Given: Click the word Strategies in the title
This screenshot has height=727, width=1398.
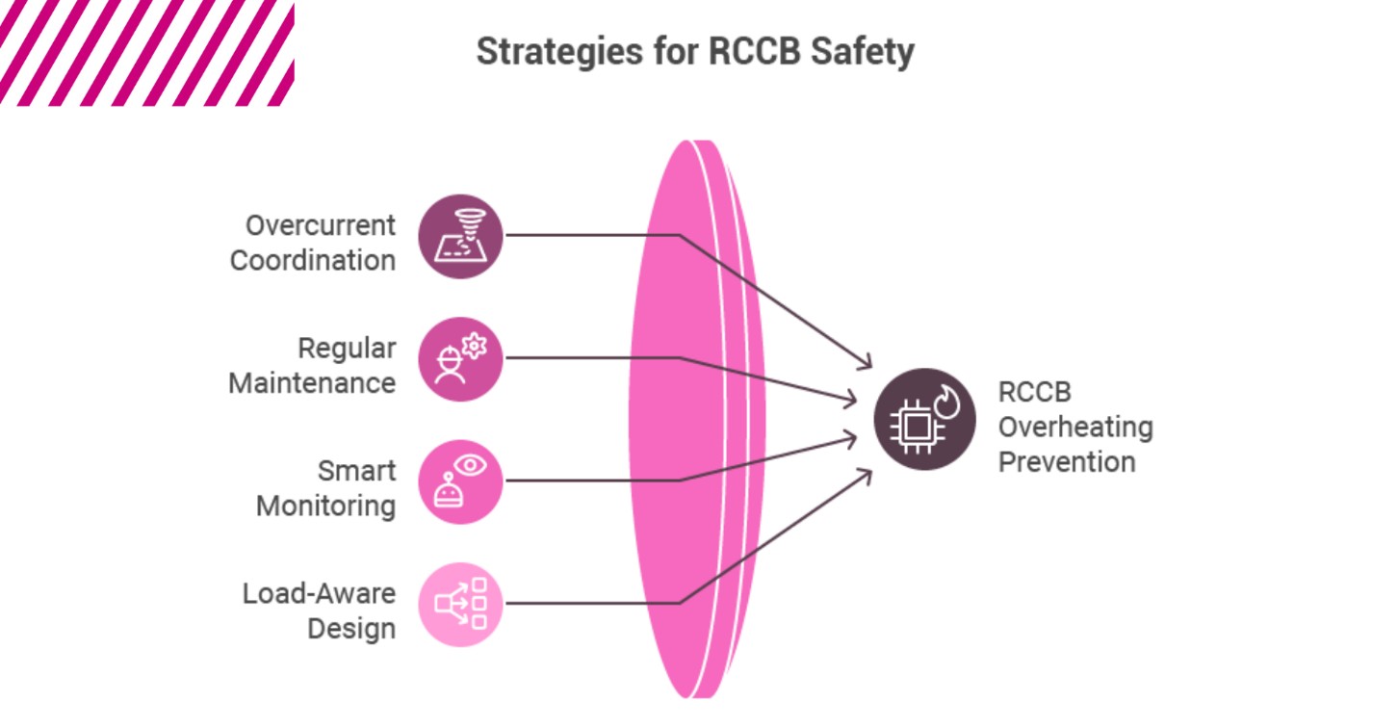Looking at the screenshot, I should point(554,52).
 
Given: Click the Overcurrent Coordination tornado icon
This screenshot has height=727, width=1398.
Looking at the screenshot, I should point(460,236).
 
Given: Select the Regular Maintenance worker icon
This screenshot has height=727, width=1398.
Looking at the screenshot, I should point(460,358).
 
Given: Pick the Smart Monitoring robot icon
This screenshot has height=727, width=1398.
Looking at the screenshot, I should point(460,480).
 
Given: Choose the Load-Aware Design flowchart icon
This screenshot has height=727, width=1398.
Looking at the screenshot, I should point(460,604).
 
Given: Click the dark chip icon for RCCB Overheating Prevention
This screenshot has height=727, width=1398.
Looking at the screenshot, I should point(924,420).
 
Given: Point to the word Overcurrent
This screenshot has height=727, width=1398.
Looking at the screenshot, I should point(320,225).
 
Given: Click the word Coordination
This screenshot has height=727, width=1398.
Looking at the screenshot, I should point(312,260).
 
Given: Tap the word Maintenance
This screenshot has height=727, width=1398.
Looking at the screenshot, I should point(311,383).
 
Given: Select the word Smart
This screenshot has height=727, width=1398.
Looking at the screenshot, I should point(356,471).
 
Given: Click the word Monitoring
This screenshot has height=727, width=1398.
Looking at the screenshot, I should point(325,506).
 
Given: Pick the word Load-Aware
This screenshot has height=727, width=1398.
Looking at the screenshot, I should point(318,593).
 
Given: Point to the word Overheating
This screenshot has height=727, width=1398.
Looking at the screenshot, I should point(1074,427).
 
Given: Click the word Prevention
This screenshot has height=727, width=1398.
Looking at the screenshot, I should point(1066,461).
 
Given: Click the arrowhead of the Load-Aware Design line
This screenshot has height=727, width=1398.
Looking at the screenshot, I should point(867,474).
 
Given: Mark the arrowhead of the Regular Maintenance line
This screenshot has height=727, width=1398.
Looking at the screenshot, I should point(852,399).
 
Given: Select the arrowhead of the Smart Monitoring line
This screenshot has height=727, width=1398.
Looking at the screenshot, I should point(852,439).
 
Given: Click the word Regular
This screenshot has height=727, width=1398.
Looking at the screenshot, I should point(346,349).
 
